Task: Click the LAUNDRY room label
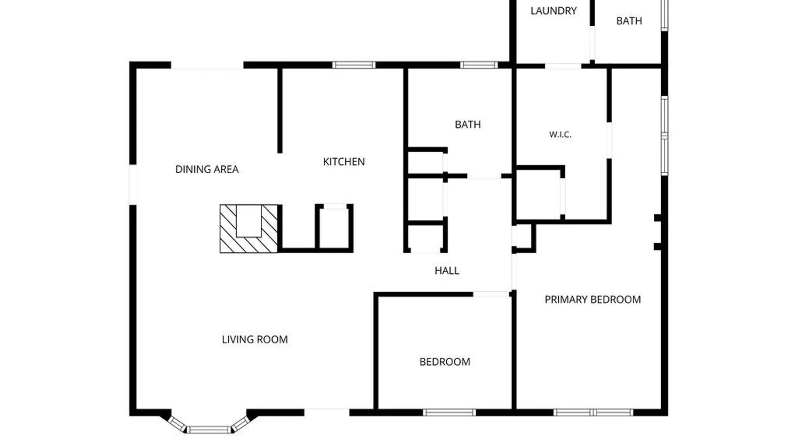(x=553, y=11)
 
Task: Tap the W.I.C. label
(x=560, y=134)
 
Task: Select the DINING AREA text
(x=207, y=169)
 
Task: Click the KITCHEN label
(x=344, y=162)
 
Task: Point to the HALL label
(x=447, y=271)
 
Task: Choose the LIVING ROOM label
(x=254, y=340)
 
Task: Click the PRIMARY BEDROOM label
(x=592, y=299)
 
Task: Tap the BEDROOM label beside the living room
(x=445, y=362)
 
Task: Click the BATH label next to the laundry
(x=629, y=21)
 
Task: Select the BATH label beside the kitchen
(x=468, y=124)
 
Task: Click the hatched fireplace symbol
(x=249, y=229)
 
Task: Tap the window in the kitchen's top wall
(x=354, y=65)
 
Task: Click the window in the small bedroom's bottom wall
(x=449, y=412)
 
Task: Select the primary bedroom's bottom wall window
(x=593, y=412)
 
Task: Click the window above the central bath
(x=479, y=65)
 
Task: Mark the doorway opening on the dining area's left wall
(x=133, y=185)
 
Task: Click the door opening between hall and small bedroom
(x=491, y=294)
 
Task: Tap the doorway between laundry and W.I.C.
(x=563, y=66)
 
